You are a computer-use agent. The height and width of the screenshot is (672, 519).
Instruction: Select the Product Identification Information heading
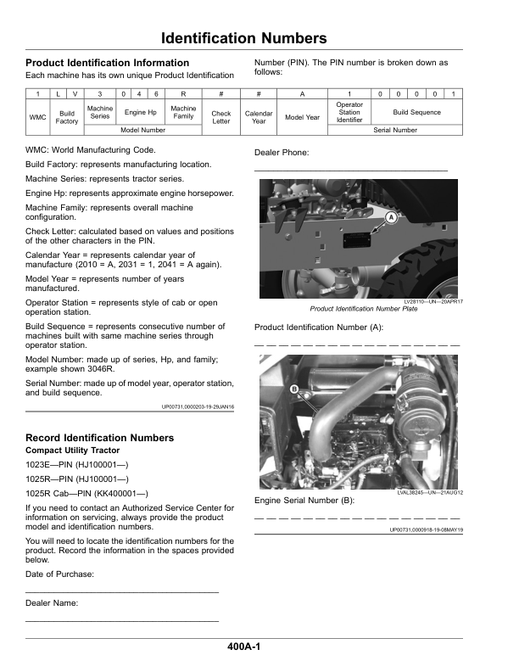(108, 63)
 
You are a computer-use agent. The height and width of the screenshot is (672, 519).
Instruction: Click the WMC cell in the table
(38, 116)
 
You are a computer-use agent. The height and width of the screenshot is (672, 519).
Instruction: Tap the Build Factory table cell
(67, 116)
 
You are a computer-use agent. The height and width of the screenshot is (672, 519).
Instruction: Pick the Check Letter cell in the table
(220, 116)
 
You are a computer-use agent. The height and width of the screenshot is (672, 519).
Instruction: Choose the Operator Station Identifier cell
(349, 112)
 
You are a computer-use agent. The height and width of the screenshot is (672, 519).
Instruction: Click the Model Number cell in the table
(142, 131)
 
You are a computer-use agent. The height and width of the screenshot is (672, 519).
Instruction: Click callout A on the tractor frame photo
(391, 218)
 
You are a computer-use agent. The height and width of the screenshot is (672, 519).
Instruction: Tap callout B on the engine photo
(294, 389)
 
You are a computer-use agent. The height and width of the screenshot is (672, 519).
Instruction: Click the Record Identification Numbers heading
(100, 438)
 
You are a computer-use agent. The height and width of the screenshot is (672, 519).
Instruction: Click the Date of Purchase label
(59, 574)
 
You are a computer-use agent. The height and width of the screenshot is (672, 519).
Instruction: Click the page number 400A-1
(243, 647)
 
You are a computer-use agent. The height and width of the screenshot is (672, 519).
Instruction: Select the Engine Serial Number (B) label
(304, 500)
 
